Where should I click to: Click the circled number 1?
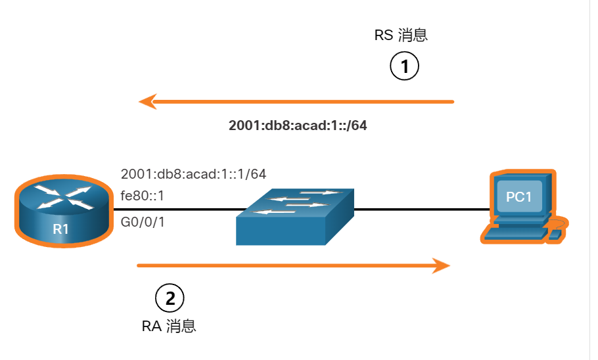click(405, 66)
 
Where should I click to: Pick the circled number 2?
click(170, 299)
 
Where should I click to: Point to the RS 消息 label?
click(401, 35)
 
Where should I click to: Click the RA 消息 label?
click(169, 326)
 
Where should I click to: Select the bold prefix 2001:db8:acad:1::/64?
click(298, 125)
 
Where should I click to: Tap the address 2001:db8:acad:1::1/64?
click(193, 174)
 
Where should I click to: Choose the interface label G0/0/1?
click(143, 222)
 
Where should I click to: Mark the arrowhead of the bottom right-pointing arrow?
click(442, 265)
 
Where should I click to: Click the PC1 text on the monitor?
click(518, 196)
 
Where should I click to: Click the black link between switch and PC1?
click(421, 210)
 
